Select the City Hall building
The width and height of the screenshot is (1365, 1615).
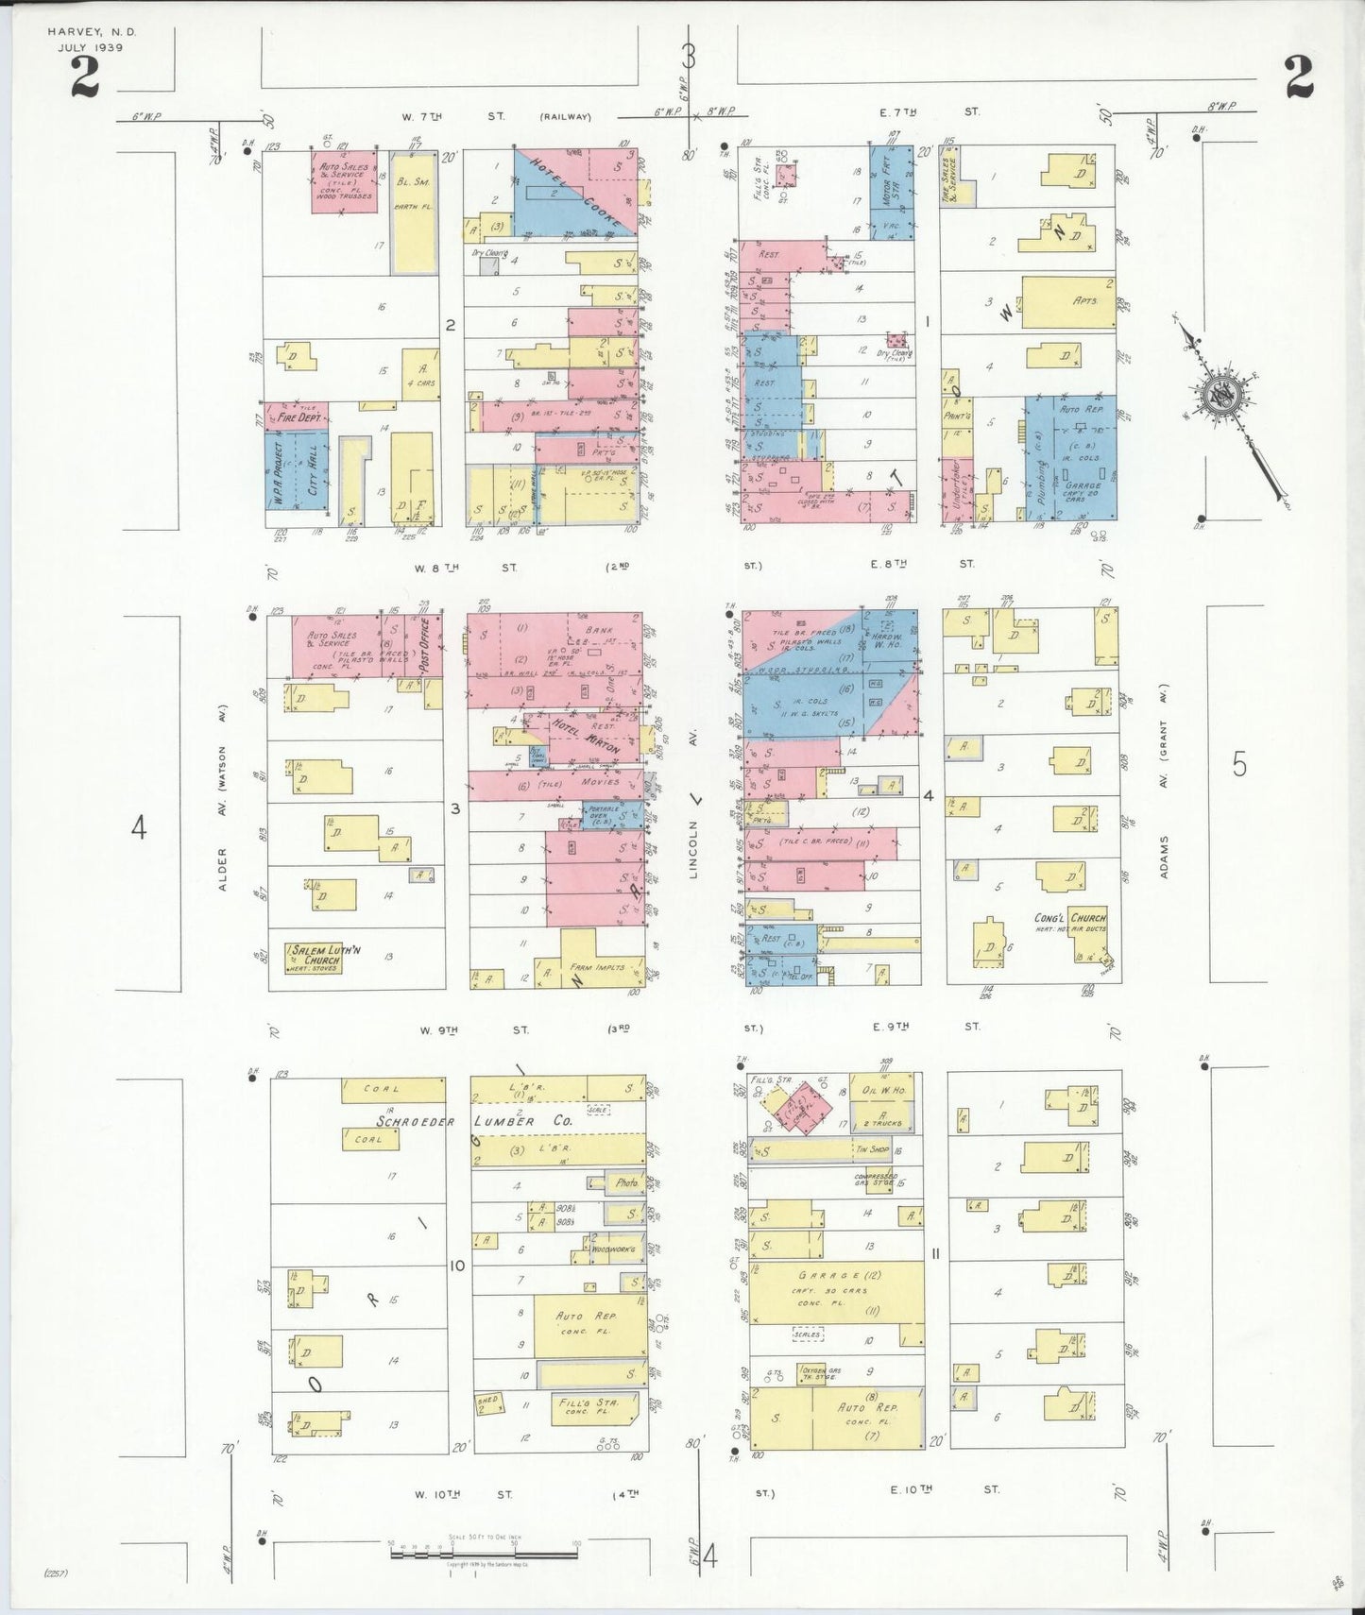(x=313, y=469)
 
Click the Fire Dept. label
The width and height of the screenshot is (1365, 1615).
(x=299, y=416)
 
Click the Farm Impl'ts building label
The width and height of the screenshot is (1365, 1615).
(x=599, y=967)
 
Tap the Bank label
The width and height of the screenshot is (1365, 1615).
(x=599, y=630)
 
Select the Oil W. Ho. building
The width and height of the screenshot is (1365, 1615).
(x=882, y=1090)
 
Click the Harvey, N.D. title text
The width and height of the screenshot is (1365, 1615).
(x=92, y=31)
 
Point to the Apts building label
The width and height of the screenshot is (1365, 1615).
(x=1084, y=300)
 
